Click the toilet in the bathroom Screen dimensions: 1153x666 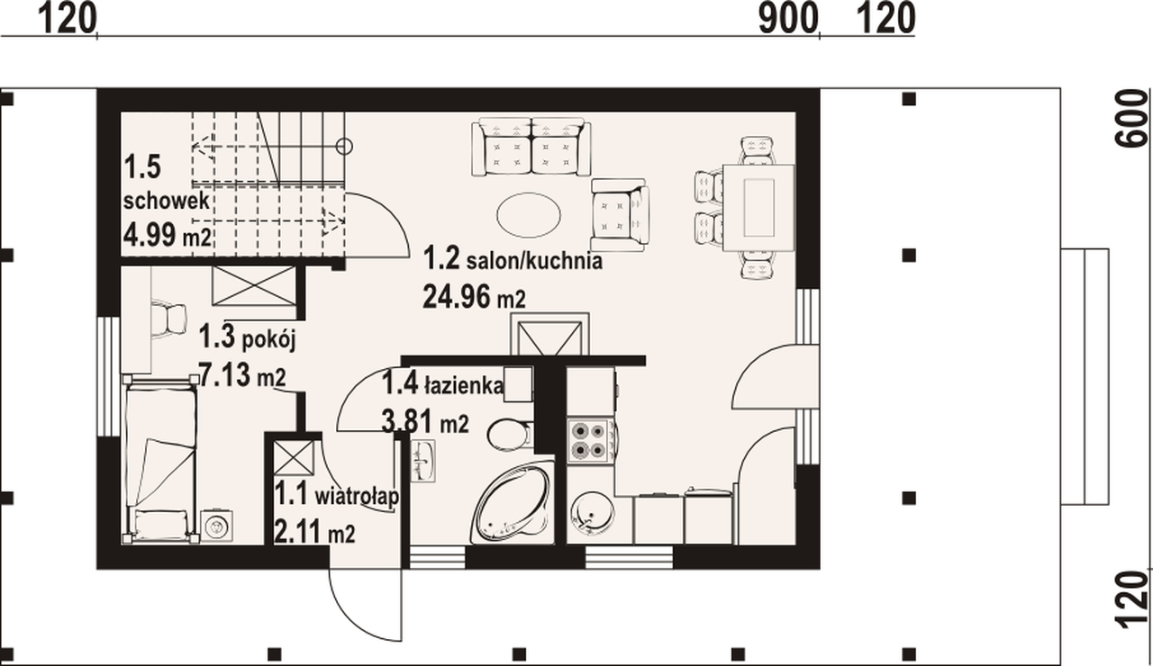click(509, 435)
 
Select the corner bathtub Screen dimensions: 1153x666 click(513, 503)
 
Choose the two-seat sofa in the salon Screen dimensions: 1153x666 click(531, 147)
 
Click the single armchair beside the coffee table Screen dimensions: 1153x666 click(620, 215)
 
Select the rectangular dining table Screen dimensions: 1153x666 click(758, 207)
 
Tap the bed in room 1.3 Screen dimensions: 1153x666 click(160, 459)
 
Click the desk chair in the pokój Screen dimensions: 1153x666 click(170, 319)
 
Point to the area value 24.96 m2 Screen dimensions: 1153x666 click(474, 298)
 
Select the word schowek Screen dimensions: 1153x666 click(167, 201)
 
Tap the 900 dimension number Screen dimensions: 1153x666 click(788, 19)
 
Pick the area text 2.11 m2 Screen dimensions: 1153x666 click(314, 532)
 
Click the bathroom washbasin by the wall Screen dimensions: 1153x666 click(423, 461)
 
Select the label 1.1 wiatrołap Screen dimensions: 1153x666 click(337, 495)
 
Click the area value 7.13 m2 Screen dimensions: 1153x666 click(242, 375)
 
